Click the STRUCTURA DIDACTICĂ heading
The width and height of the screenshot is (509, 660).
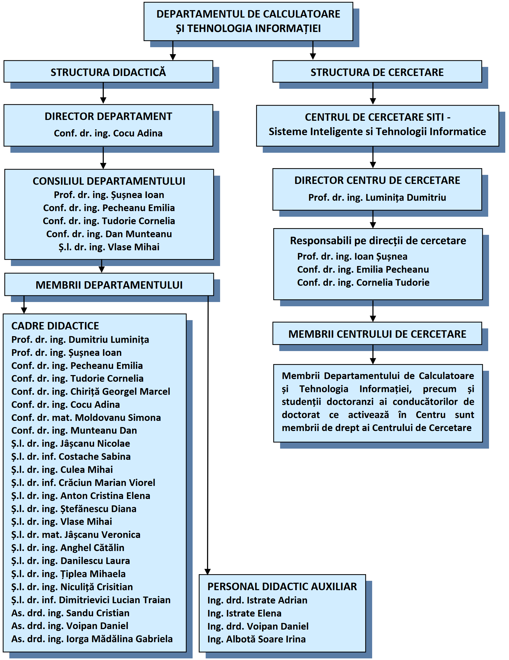click(108, 72)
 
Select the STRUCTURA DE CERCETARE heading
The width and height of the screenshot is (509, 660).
click(377, 72)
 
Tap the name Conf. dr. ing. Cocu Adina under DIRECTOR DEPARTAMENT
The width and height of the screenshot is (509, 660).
click(108, 133)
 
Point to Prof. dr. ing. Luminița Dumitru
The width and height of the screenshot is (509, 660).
click(377, 197)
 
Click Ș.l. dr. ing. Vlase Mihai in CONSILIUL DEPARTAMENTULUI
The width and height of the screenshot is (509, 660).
click(109, 247)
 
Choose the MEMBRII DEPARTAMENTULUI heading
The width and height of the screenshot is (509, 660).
click(109, 285)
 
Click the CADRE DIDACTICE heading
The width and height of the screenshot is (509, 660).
click(55, 326)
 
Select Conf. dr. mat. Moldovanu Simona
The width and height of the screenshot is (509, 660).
click(86, 417)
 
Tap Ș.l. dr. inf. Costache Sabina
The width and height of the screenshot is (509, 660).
click(71, 456)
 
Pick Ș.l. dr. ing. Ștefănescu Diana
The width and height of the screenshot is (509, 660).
click(74, 509)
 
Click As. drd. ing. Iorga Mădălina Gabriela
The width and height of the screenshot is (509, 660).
click(92, 639)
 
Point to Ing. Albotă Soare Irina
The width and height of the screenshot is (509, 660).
click(256, 639)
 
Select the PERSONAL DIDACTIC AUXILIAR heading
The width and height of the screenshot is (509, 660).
click(282, 587)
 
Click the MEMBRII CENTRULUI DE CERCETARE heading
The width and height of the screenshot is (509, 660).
click(377, 334)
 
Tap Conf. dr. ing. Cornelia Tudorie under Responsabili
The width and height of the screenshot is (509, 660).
click(363, 282)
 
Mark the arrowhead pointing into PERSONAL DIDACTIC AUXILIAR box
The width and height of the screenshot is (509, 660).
click(208, 572)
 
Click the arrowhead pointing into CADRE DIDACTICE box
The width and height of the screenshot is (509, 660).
click(24, 310)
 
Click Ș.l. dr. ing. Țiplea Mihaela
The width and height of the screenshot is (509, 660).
click(68, 574)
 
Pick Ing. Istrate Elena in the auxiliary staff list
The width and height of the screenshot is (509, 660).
click(244, 613)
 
